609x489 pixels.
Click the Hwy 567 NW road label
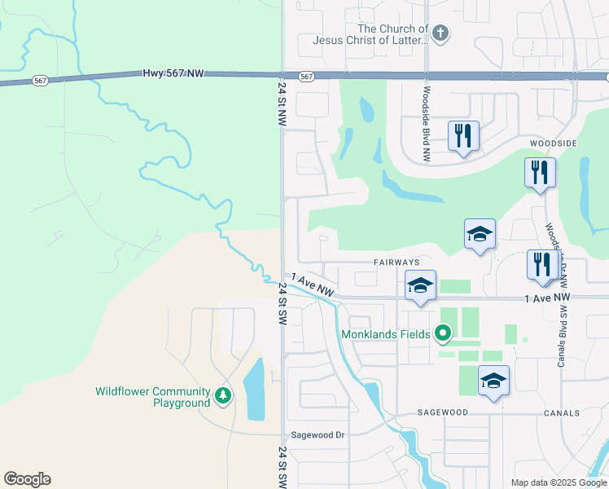(x=173, y=73)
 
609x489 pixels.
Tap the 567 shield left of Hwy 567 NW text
(x=39, y=81)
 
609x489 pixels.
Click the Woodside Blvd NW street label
(x=426, y=123)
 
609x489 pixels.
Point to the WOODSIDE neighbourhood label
(x=553, y=143)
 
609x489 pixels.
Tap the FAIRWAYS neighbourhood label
(x=397, y=262)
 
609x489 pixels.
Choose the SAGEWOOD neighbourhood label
(x=444, y=412)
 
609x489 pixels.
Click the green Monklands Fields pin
(x=443, y=333)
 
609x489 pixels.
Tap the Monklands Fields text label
(x=384, y=333)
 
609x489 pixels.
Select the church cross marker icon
(x=440, y=33)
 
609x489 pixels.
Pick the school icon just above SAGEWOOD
(x=493, y=381)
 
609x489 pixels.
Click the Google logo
(x=27, y=479)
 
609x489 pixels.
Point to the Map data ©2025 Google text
(x=558, y=482)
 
